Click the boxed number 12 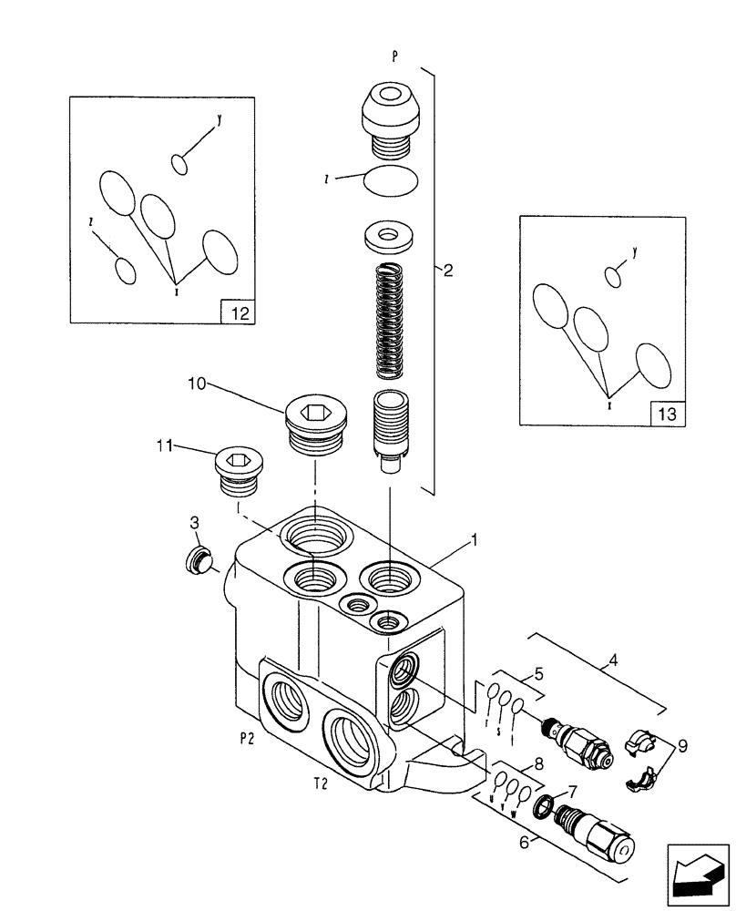(x=238, y=313)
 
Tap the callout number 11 (x=164, y=445)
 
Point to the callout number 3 (x=194, y=522)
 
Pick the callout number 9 (x=682, y=745)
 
